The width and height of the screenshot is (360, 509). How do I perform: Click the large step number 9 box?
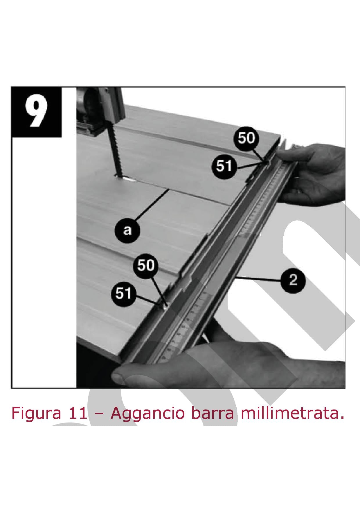[37, 112]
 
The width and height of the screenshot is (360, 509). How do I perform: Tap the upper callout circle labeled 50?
[246, 138]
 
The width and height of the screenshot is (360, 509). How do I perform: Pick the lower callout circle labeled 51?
[124, 293]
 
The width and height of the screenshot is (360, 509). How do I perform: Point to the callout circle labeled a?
[127, 230]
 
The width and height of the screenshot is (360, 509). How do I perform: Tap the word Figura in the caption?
[36, 414]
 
